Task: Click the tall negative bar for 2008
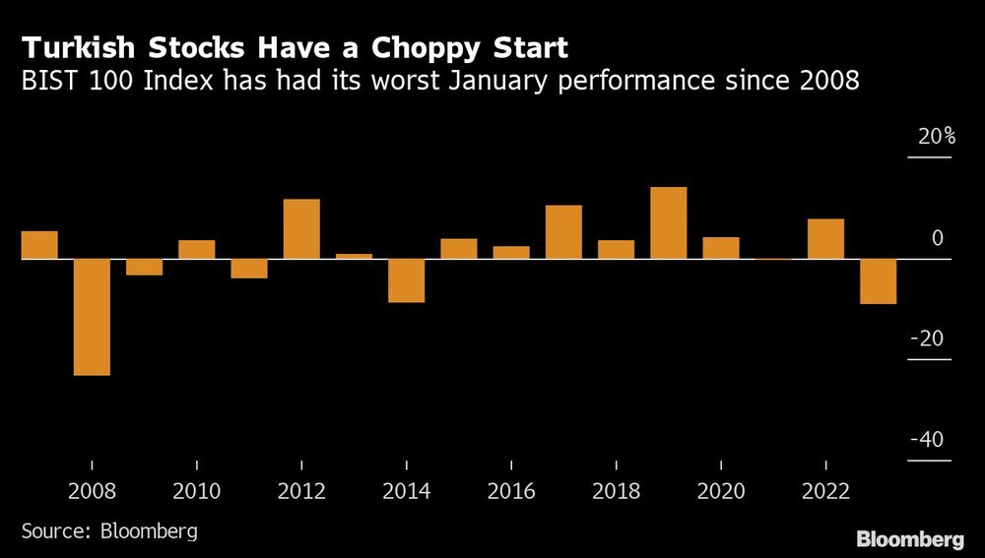click(92, 317)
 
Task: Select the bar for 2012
click(301, 229)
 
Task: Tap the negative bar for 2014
click(406, 280)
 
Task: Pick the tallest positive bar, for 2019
click(668, 223)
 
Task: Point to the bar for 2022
click(825, 239)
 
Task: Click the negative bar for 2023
click(878, 281)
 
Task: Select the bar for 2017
click(563, 232)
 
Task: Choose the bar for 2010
click(197, 250)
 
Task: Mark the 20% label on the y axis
click(937, 138)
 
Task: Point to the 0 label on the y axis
click(938, 238)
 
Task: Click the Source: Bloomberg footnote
click(109, 531)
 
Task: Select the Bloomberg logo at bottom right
click(910, 538)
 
